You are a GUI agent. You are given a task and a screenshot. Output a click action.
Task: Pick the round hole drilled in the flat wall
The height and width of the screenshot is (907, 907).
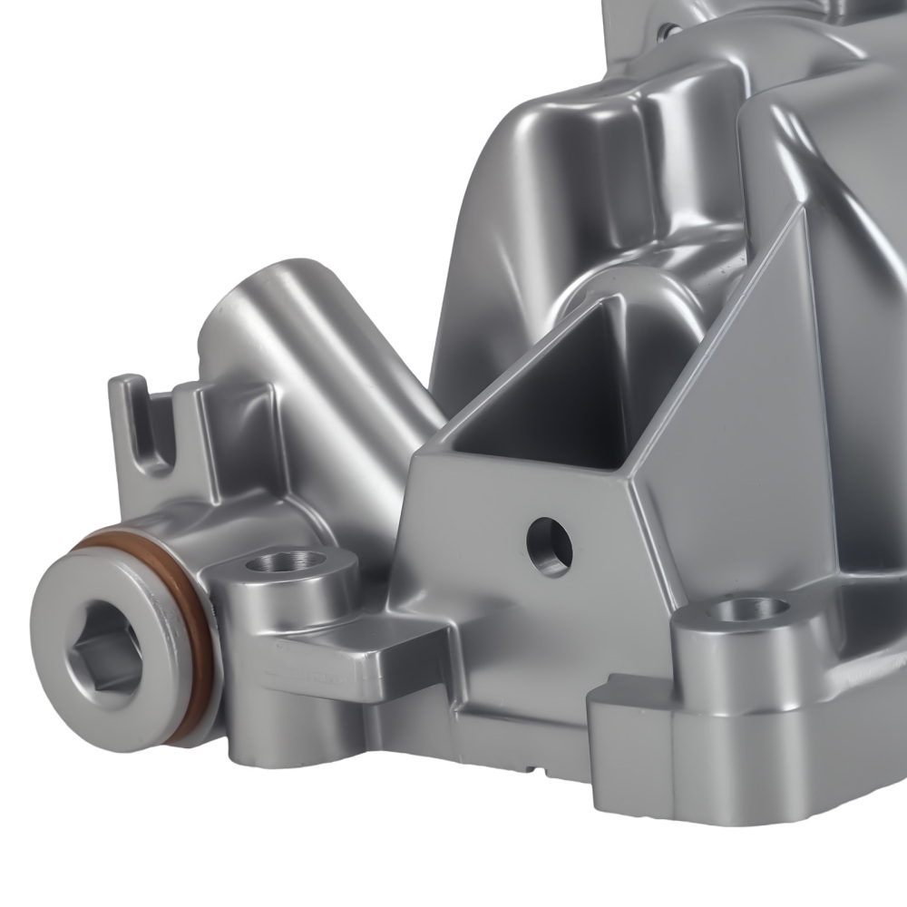tap(549, 547)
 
